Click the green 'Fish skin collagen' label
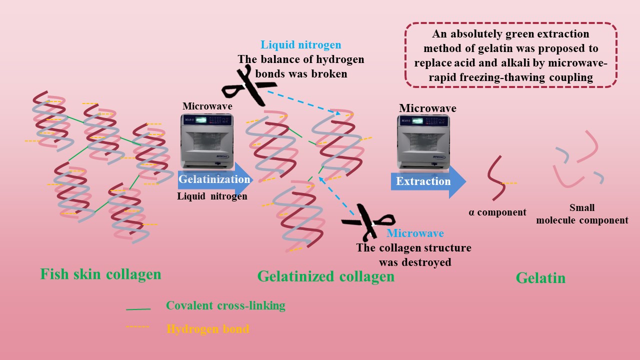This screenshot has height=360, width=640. click(x=100, y=274)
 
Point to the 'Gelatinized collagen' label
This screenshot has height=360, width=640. click(x=325, y=276)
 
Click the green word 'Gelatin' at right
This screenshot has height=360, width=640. click(x=540, y=277)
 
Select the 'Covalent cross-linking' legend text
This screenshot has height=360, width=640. click(x=225, y=306)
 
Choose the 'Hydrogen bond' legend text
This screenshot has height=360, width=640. click(x=207, y=329)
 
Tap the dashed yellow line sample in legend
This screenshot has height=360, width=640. click(x=138, y=327)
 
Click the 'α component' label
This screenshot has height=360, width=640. click(x=497, y=212)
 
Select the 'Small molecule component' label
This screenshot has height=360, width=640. click(x=582, y=214)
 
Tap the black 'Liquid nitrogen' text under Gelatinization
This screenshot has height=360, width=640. click(x=212, y=196)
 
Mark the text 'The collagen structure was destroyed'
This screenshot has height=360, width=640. click(x=413, y=255)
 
